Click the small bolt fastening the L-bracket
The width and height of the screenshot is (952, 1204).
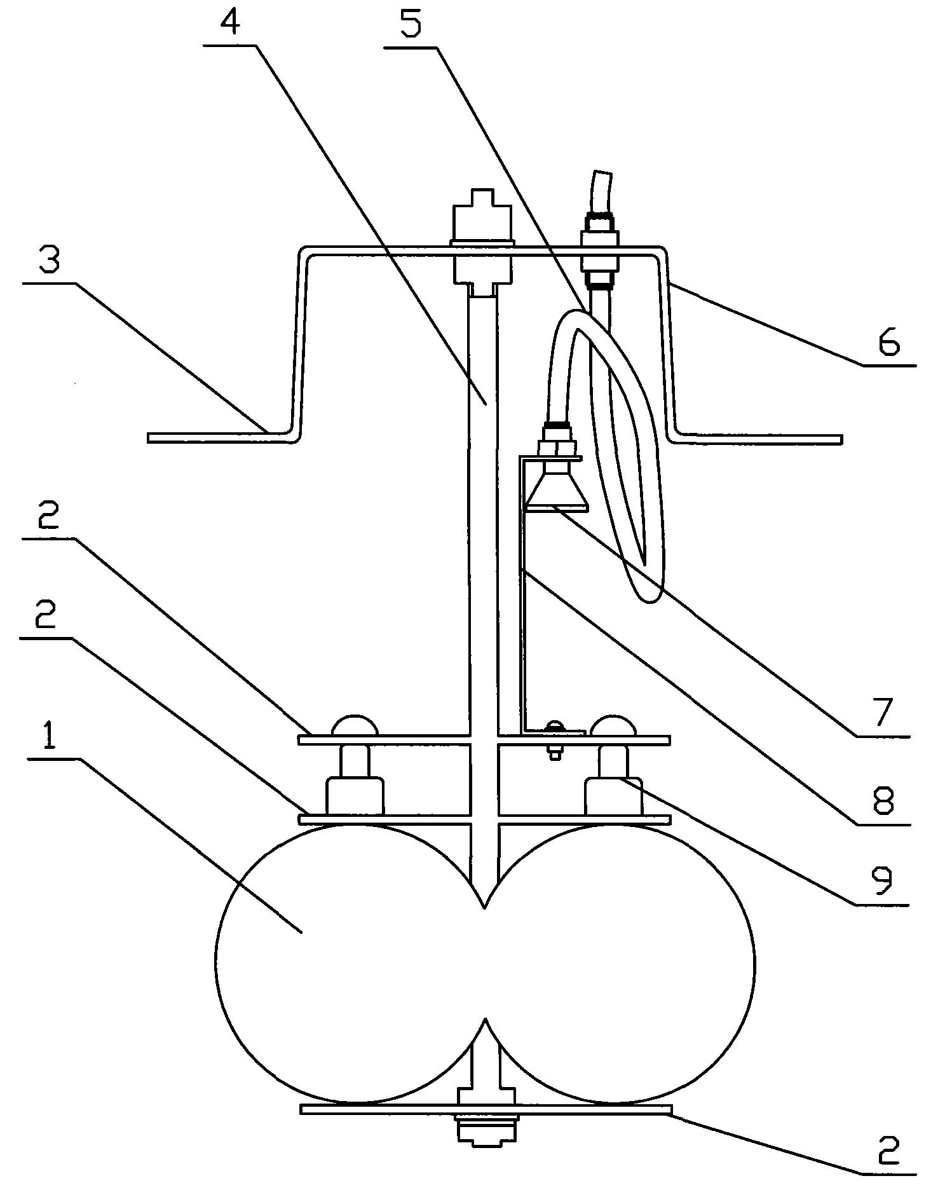pos(555,739)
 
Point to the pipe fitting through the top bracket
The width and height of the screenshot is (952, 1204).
pos(599,251)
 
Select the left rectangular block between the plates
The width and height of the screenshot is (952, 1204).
pos(355,797)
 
